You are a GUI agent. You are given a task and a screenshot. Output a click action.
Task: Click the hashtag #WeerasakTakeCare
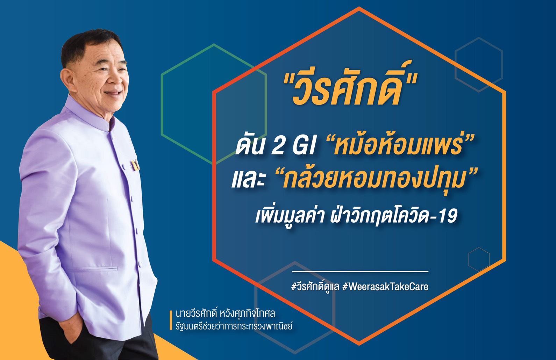[385, 287]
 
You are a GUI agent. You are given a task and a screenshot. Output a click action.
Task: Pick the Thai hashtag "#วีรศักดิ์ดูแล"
[315, 287]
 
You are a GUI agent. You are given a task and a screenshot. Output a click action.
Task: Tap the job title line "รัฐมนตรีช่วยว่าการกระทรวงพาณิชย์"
[234, 326]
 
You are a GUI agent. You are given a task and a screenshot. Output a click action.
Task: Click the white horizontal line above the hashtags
[360, 271]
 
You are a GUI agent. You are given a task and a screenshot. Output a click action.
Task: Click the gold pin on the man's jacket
[135, 165]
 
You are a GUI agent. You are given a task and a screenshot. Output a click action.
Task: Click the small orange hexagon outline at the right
[479, 259]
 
